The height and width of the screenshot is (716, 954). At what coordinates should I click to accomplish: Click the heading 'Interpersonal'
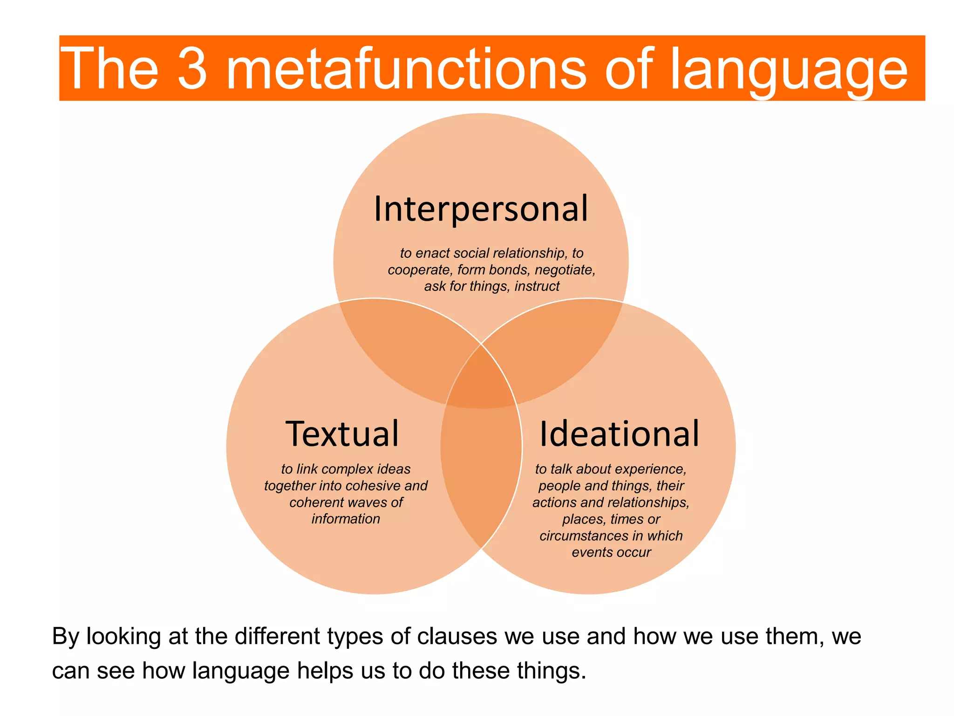pyautogui.click(x=481, y=209)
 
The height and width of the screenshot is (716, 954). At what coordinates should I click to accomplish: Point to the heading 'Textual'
pyautogui.click(x=342, y=434)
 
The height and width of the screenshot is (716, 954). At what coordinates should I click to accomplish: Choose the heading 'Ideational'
pyautogui.click(x=619, y=434)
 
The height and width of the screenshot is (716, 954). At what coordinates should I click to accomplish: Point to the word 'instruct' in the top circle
pyautogui.click(x=537, y=286)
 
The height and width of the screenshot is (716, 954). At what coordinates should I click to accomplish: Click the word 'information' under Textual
pyautogui.click(x=346, y=519)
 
